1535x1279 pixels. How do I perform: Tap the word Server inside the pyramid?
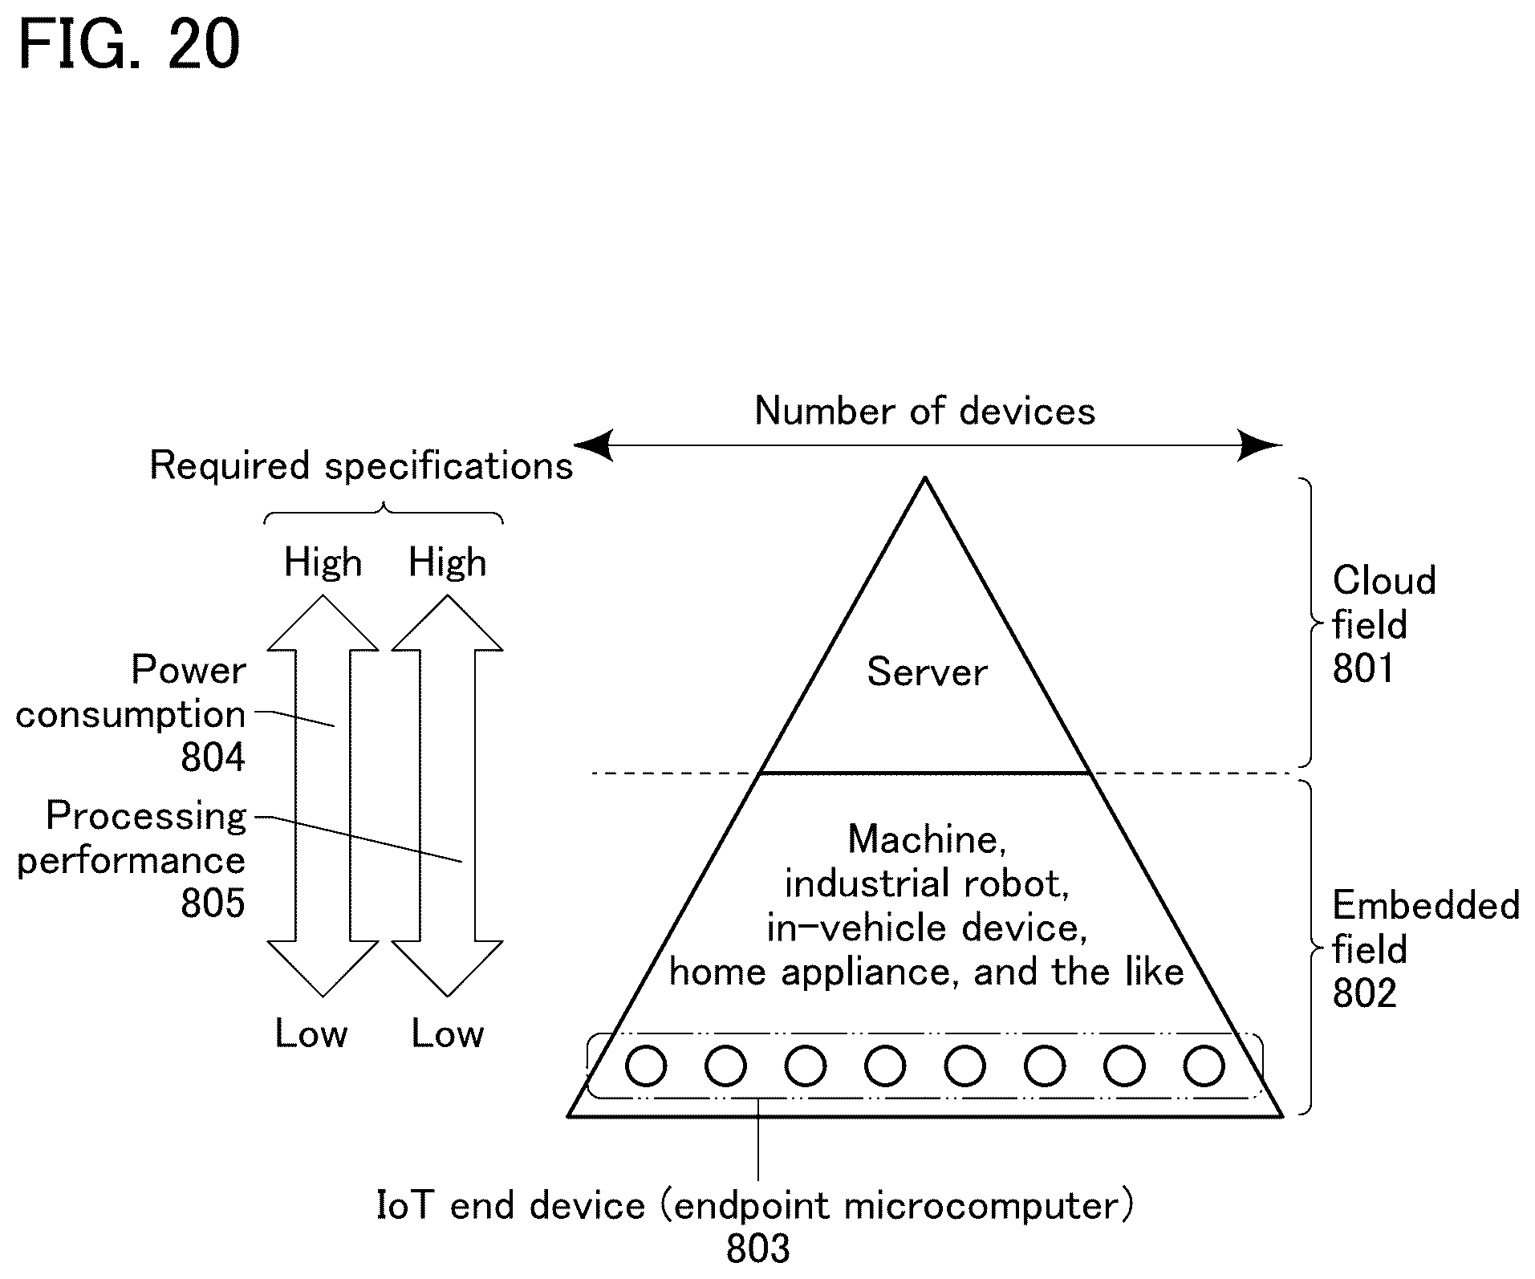[927, 672]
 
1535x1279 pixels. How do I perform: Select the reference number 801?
[1363, 668]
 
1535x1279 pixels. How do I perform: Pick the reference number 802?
[1364, 993]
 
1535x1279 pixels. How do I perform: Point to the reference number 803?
[758, 1249]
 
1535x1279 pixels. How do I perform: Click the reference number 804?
[213, 757]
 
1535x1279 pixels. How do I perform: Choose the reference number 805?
[213, 903]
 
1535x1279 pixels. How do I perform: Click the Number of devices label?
[925, 411]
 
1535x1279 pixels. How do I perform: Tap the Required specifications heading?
[362, 465]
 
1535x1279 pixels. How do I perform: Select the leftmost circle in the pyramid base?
[646, 1066]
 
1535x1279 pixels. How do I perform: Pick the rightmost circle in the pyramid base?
[1204, 1066]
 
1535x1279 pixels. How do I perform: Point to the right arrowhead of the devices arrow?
[1261, 445]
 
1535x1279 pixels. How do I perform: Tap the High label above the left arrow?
[323, 562]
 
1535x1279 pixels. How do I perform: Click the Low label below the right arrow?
[448, 1033]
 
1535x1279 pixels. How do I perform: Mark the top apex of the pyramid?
[925, 478]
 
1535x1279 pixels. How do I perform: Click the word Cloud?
[1384, 580]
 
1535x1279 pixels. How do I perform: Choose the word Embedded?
[1426, 905]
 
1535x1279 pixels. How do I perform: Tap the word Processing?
[146, 817]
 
